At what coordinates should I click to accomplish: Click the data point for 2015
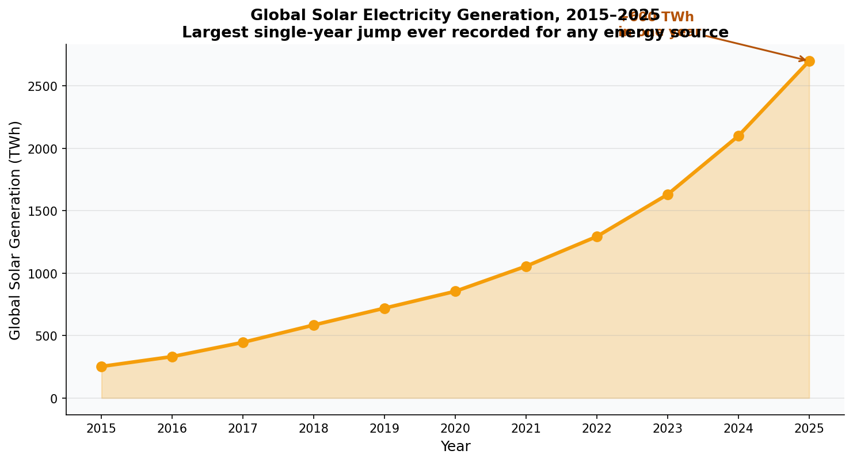pos(101,366)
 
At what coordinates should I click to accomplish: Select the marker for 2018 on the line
pos(314,325)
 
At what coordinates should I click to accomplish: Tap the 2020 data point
pos(455,291)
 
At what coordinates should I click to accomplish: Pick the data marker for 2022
pos(597,236)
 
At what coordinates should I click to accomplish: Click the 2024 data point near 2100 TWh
pos(738,136)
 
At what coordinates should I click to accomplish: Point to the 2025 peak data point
pos(809,61)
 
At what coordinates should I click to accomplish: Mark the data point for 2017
pos(243,342)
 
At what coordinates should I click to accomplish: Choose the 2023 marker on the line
pos(668,194)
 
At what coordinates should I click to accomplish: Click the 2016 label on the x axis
pos(172,429)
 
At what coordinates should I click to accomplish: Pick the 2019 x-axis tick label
pos(384,429)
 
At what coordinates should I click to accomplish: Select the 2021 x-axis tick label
pos(526,429)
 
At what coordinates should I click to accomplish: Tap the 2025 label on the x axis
pos(809,429)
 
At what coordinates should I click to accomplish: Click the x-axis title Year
pos(455,446)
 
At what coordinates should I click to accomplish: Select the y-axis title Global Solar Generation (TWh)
pos(16,230)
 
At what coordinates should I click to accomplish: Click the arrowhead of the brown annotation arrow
pos(804,60)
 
